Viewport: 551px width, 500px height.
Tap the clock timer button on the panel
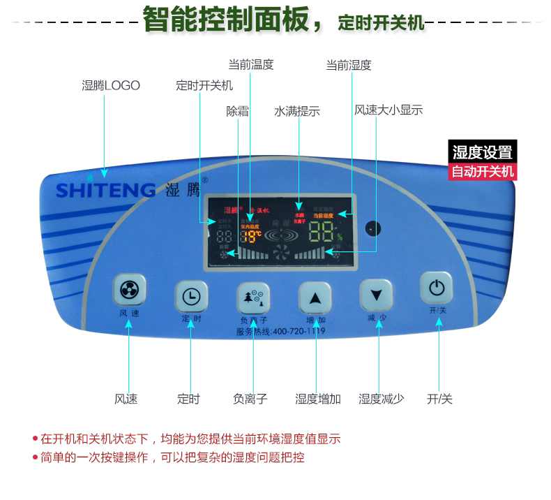(x=190, y=297)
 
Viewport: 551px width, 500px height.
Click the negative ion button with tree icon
(x=252, y=297)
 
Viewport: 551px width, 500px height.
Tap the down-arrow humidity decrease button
(x=376, y=295)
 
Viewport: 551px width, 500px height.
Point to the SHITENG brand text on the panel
(x=105, y=190)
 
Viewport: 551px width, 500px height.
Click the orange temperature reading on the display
(x=252, y=235)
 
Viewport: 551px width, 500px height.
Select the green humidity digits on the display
(x=324, y=232)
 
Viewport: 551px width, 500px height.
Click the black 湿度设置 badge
(x=482, y=152)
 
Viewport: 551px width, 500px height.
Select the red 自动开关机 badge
(x=482, y=171)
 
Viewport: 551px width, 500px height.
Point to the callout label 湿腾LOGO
(x=111, y=86)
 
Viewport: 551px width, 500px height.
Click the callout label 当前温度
(x=251, y=65)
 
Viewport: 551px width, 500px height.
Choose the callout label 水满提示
(x=296, y=111)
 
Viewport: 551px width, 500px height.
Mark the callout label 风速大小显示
(x=388, y=110)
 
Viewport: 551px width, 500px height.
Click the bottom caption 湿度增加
(x=317, y=399)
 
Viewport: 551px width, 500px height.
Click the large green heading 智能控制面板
(x=226, y=20)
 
